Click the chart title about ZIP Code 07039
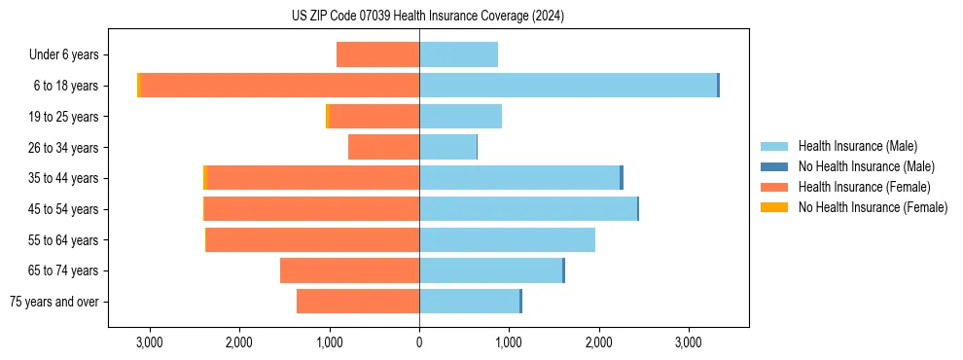(x=428, y=17)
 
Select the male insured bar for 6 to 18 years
(x=568, y=86)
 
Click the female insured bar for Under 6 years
(x=377, y=54)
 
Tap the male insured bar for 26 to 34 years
(x=447, y=147)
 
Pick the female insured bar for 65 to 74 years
(x=349, y=270)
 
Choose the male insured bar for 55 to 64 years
(x=507, y=239)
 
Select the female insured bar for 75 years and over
(x=358, y=302)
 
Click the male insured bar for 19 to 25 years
(x=460, y=117)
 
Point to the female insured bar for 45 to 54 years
(x=311, y=209)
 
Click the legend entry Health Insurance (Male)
(x=856, y=146)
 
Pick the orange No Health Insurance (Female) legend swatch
(x=774, y=207)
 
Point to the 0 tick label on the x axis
(x=419, y=342)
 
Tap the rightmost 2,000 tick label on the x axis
(x=598, y=342)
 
